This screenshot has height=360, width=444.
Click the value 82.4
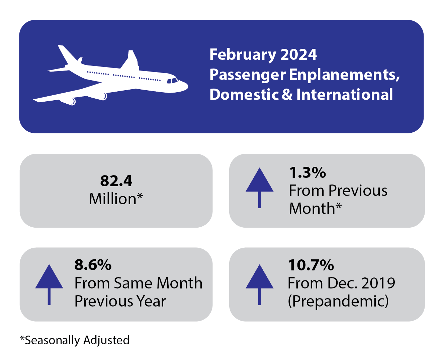tap(116, 181)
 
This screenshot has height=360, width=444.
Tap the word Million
tap(113, 199)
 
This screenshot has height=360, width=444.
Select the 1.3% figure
tap(307, 173)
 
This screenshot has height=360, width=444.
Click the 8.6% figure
tap(93, 265)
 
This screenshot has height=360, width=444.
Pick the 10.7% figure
tap(311, 265)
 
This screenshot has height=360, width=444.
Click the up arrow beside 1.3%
tap(259, 187)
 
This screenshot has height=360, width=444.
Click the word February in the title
tap(242, 54)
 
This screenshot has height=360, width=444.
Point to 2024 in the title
tap(298, 54)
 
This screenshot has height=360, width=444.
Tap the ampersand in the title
tap(287, 95)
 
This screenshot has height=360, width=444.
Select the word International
tap(345, 95)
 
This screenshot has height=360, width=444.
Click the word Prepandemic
tap(338, 301)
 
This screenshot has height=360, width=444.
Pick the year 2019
tap(378, 283)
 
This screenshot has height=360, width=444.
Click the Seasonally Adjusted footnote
tap(75, 340)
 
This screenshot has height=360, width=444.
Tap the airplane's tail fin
tap(131, 59)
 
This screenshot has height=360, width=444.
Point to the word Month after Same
tap(179, 283)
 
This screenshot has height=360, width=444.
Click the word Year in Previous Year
tap(151, 301)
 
